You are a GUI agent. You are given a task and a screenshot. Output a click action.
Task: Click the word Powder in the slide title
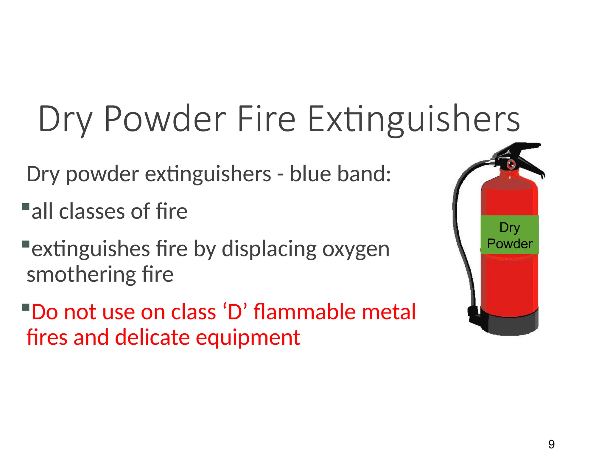pos(165,119)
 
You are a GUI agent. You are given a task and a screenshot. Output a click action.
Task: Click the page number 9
pos(551,445)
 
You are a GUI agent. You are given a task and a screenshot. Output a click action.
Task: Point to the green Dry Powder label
pos(510,235)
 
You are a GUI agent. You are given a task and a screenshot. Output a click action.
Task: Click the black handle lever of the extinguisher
pos(524,158)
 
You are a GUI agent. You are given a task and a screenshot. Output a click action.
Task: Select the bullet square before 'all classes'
pos(26,207)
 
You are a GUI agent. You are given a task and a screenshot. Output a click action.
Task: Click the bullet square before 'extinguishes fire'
pos(26,244)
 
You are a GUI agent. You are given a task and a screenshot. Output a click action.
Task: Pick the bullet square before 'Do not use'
pos(26,307)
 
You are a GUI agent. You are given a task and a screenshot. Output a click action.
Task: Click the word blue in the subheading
pos(310,174)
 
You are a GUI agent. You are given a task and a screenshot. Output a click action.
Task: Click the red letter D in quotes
pos(235,312)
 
